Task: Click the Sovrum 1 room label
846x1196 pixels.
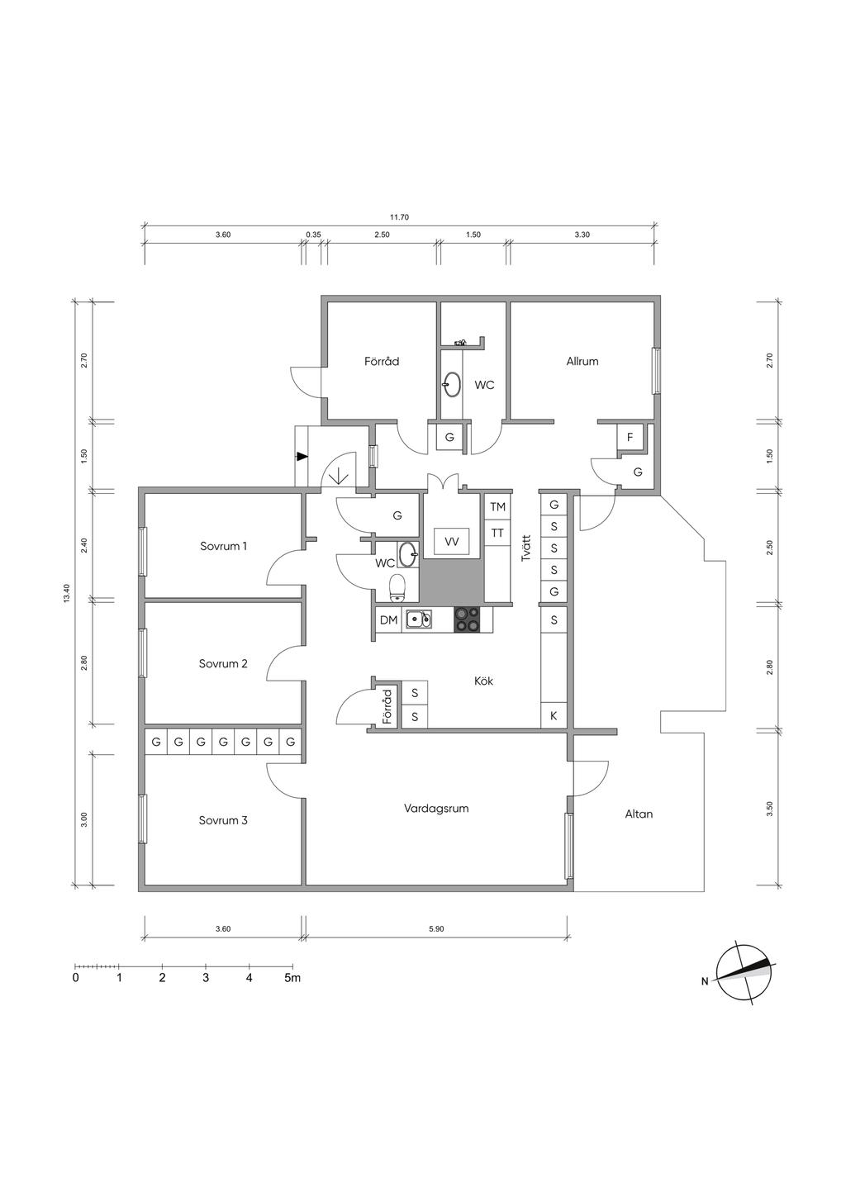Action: [x=223, y=546]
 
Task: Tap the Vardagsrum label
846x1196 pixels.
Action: [x=436, y=808]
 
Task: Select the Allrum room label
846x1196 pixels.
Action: [x=582, y=361]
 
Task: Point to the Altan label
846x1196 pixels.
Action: [x=639, y=814]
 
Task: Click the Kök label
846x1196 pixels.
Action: [x=484, y=681]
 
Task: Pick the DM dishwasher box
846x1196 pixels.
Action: [x=388, y=619]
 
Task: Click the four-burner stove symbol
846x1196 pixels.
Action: [x=467, y=619]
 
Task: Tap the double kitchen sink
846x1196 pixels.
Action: [x=418, y=619]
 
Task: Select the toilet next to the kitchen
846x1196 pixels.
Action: [x=397, y=587]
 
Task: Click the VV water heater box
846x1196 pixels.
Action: [x=451, y=542]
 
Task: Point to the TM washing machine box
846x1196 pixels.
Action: [x=497, y=507]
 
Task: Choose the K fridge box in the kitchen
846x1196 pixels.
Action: [x=554, y=716]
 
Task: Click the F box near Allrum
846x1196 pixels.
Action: [x=630, y=437]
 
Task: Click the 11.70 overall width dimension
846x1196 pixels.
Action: [x=399, y=217]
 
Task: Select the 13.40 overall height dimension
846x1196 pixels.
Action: [x=66, y=595]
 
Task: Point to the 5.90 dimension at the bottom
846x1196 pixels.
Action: [x=436, y=928]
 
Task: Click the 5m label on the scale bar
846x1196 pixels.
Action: [x=292, y=978]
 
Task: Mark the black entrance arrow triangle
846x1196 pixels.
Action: [x=302, y=456]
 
